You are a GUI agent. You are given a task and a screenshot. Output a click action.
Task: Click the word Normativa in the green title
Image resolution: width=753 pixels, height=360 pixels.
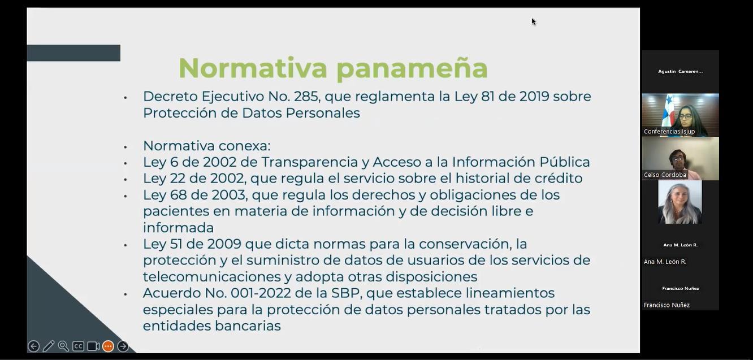(253, 68)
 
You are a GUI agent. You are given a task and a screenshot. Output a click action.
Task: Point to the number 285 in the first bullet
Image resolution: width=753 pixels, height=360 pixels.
(306, 97)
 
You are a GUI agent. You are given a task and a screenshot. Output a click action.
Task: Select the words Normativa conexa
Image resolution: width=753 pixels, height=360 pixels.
(207, 146)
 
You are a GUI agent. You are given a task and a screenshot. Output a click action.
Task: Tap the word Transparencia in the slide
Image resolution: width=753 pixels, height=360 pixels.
(310, 163)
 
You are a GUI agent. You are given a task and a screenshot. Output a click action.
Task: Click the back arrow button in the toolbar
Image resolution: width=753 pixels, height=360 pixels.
(33, 346)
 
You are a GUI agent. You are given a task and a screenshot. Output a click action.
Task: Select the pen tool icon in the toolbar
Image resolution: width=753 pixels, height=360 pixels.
(49, 346)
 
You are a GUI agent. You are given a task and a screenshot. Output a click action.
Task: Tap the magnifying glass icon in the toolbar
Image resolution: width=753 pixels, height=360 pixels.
(63, 346)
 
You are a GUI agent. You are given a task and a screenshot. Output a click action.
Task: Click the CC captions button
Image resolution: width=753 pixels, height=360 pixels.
(78, 346)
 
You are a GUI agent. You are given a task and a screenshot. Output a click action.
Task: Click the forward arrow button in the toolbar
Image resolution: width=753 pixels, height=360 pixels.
(123, 346)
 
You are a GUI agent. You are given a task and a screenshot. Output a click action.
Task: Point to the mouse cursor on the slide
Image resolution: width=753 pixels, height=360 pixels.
(534, 22)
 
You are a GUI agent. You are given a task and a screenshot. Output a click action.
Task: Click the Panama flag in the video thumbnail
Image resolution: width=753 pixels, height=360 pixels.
(667, 110)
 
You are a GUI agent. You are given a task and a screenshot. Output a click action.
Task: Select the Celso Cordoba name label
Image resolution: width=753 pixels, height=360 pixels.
(665, 175)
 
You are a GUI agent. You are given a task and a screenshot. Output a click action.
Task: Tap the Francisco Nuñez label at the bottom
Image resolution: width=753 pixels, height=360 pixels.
(667, 305)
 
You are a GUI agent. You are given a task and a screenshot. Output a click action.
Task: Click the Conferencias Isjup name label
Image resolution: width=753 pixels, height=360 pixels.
(669, 132)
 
